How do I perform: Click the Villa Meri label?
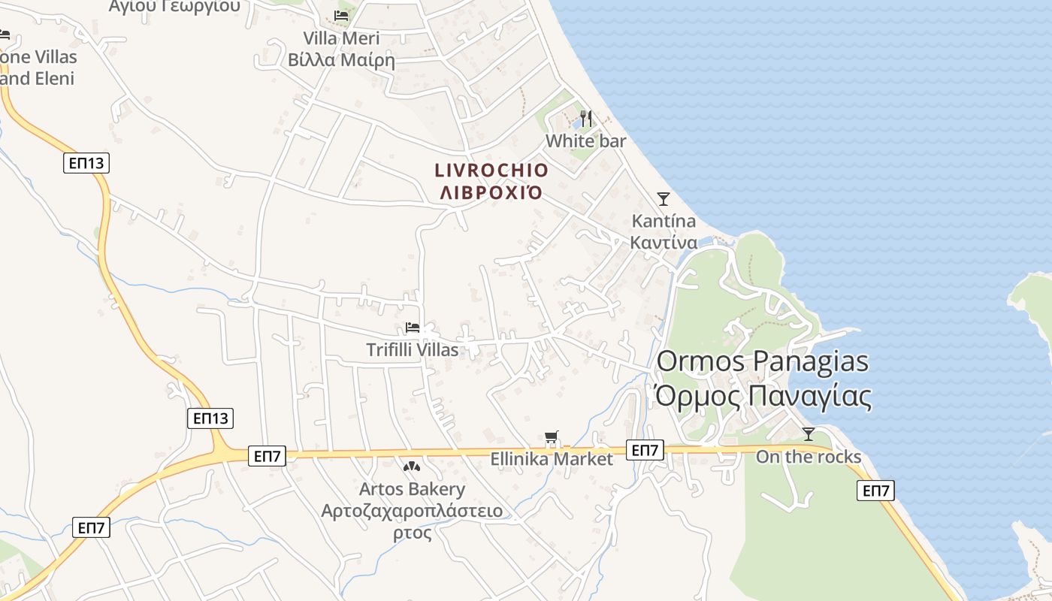[x=341, y=38]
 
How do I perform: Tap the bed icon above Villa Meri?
[x=341, y=15]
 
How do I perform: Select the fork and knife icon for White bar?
[x=586, y=119]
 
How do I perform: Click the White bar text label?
[x=585, y=141]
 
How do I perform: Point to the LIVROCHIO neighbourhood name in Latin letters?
[x=491, y=171]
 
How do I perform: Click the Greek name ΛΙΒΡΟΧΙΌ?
[x=491, y=192]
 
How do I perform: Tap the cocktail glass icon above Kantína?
[x=664, y=199]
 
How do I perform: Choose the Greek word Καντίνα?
[x=664, y=243]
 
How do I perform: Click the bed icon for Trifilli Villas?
[x=413, y=328]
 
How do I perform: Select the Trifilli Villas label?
[x=412, y=350]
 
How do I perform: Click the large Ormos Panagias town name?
[x=763, y=361]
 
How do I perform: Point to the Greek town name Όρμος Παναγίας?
[x=763, y=397]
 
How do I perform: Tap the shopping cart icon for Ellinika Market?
[x=552, y=437]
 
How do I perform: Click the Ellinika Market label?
[x=552, y=458]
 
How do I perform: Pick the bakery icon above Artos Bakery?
[x=412, y=467]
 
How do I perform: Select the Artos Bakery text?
[x=412, y=489]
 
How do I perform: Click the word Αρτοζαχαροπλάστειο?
[x=412, y=512]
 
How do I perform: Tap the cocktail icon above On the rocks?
[x=809, y=434]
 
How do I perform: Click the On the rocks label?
[x=809, y=457]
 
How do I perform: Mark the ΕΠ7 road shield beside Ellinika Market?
[x=645, y=450]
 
